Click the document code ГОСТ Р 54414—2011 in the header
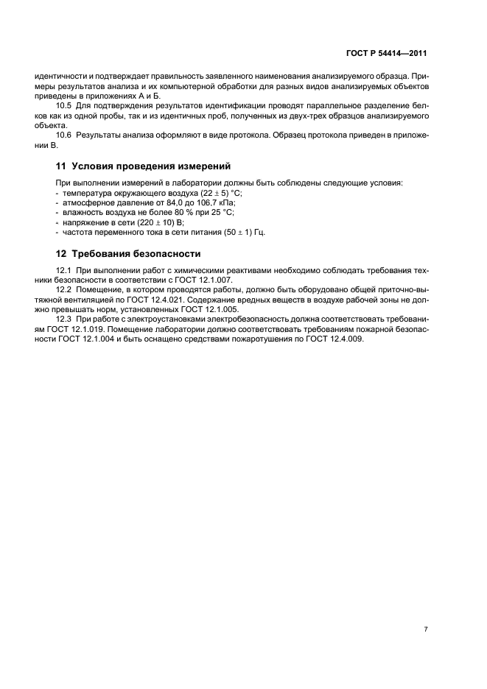386,54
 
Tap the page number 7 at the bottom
426,629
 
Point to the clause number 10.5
65,107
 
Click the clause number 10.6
65,136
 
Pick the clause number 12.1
65,270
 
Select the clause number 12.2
65,291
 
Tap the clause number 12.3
65,320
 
